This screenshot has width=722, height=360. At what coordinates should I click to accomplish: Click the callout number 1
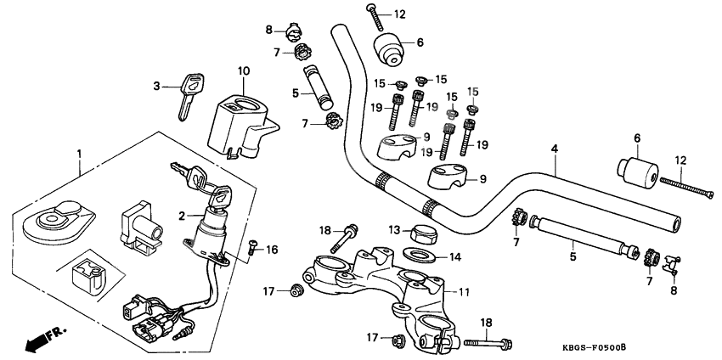tap(79, 154)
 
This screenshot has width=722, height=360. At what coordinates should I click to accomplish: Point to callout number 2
tap(181, 217)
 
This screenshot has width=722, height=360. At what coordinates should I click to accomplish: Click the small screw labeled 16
tap(252, 247)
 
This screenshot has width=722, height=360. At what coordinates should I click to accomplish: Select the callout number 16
tap(272, 250)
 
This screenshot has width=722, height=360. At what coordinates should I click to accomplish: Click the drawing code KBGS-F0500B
tap(629, 348)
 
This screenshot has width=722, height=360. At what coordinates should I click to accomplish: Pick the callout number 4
tap(554, 149)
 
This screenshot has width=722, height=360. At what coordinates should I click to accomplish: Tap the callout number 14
tap(454, 256)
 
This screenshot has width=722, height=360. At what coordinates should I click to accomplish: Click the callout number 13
tap(394, 229)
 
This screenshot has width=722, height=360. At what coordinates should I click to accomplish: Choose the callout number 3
tap(157, 86)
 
